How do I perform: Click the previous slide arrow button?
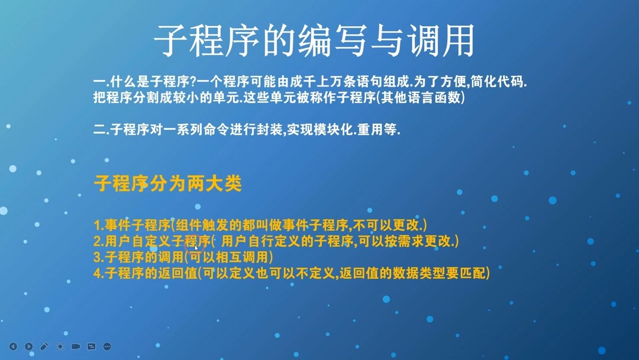(x=13, y=346)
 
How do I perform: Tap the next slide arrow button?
(x=28, y=346)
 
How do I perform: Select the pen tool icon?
(x=44, y=346)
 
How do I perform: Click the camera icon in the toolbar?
(x=76, y=346)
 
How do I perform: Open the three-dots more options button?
(x=107, y=346)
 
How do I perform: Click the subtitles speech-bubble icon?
(x=91, y=346)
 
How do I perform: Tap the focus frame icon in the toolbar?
(x=60, y=346)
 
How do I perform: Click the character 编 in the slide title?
(x=315, y=40)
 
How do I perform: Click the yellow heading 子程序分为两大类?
(x=168, y=184)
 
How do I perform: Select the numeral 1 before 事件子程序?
(x=98, y=226)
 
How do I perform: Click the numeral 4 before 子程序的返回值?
(x=98, y=274)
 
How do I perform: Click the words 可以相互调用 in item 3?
(x=228, y=258)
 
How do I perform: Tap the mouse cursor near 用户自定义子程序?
(x=196, y=248)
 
